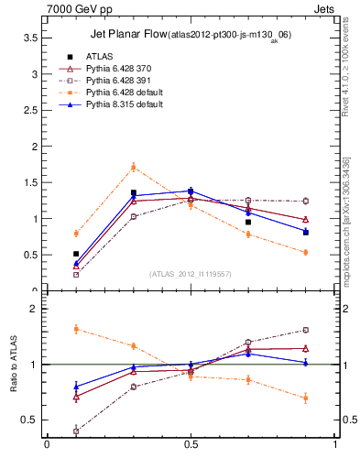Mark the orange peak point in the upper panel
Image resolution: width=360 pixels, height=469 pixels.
[134, 167]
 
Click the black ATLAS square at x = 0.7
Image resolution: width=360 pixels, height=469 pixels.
[248, 222]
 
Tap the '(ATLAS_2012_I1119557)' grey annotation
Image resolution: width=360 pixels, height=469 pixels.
[191, 274]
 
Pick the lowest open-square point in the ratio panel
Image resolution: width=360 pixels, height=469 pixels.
[76, 431]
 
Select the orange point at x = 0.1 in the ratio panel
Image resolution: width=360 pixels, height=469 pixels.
[76, 328]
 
